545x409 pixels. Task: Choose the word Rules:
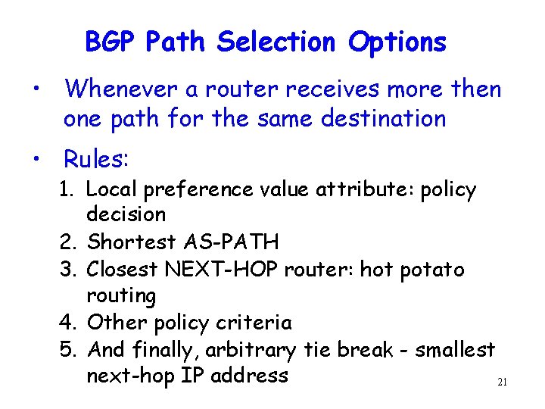pyautogui.click(x=97, y=159)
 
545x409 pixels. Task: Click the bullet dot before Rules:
pyautogui.click(x=36, y=159)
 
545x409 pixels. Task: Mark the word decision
pyautogui.click(x=126, y=214)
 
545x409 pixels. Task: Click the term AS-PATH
pyautogui.click(x=231, y=242)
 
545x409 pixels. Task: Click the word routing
pyautogui.click(x=121, y=296)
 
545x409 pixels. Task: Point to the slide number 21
pyautogui.click(x=501, y=383)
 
